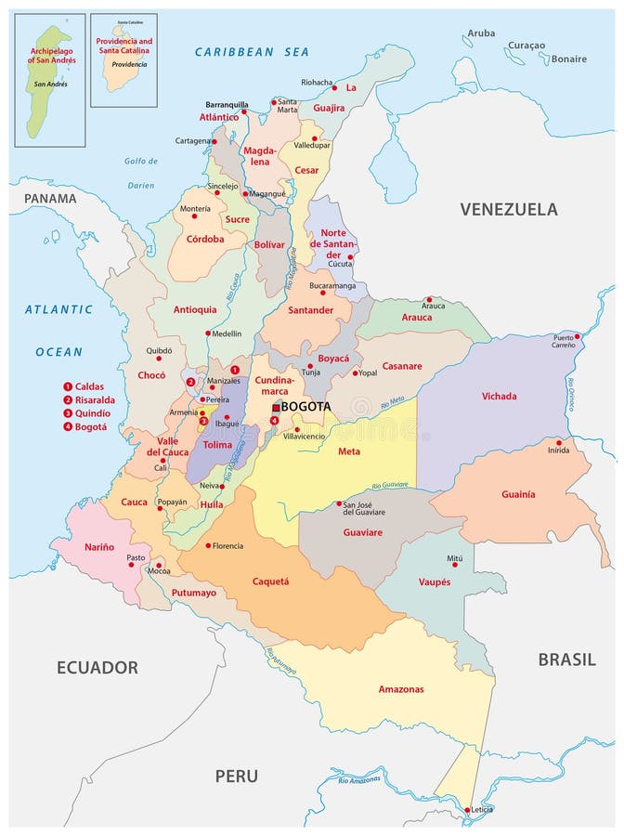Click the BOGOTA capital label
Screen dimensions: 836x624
pyautogui.click(x=306, y=407)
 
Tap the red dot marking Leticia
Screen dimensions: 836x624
pyautogui.click(x=467, y=809)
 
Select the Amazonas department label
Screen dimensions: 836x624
pyautogui.click(x=400, y=689)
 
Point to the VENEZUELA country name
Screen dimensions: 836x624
pyautogui.click(x=509, y=209)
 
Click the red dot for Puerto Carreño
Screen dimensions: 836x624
pyautogui.click(x=578, y=336)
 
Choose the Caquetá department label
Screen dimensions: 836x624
pyautogui.click(x=271, y=581)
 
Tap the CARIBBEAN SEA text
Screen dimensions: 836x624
pyautogui.click(x=252, y=52)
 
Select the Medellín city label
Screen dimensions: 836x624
pyautogui.click(x=226, y=333)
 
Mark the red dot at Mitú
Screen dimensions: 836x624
pyautogui.click(x=455, y=549)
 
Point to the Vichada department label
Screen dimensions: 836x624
pyautogui.click(x=499, y=397)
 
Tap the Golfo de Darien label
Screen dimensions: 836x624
pyautogui.click(x=139, y=173)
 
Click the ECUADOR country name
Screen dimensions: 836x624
pyautogui.click(x=97, y=667)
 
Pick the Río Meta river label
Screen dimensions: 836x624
pyautogui.click(x=393, y=404)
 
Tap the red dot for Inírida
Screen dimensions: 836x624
pyautogui.click(x=559, y=442)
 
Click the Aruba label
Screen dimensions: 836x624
pyautogui.click(x=481, y=33)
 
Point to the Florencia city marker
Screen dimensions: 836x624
pyautogui.click(x=208, y=545)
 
